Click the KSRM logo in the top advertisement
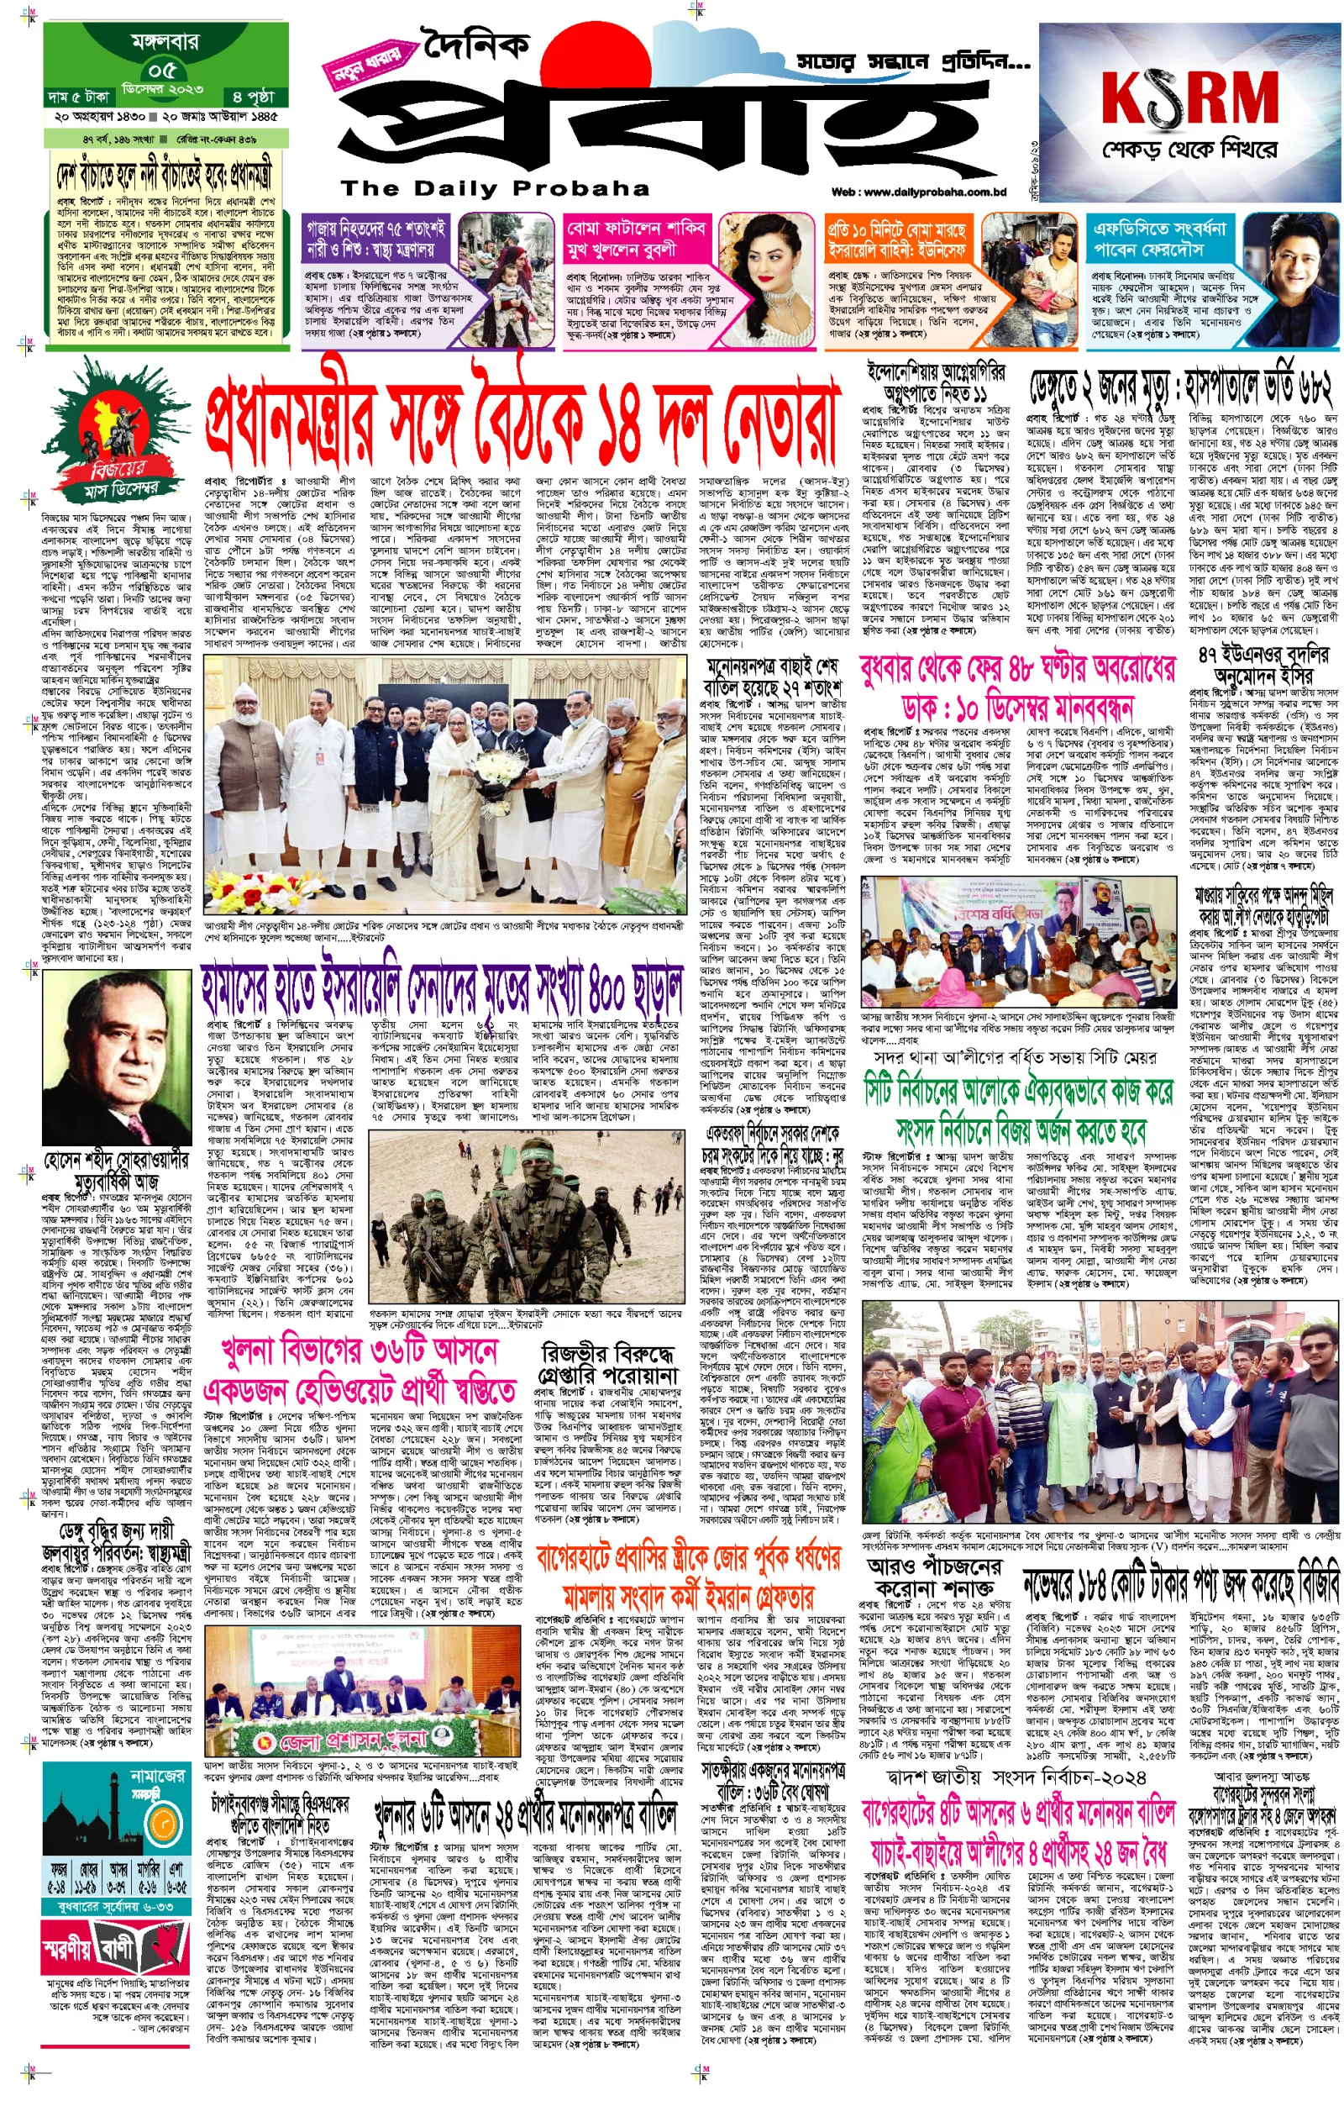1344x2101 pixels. click(x=1189, y=97)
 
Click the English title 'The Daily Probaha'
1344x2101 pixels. click(x=495, y=188)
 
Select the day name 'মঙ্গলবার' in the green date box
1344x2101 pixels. click(x=165, y=41)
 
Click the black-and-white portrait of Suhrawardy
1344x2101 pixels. click(x=117, y=1056)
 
